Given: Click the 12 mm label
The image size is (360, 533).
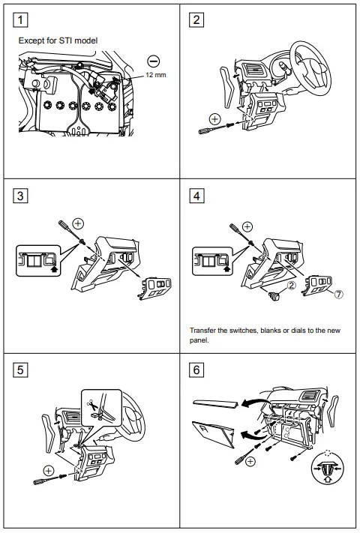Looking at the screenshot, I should coord(156,76).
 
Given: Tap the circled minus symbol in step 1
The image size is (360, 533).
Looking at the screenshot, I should coord(154,61).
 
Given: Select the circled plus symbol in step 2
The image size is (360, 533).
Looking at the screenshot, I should coord(214,118).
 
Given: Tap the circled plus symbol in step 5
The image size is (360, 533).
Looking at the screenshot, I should coord(49,470).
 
